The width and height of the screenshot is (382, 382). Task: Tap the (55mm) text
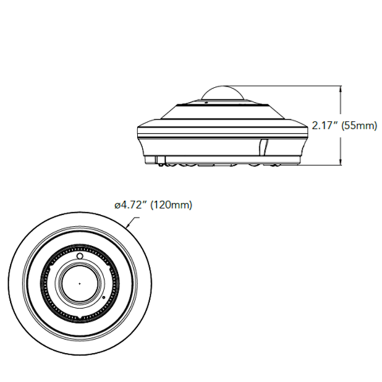coord(359,126)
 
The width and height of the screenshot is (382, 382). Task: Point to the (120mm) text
coord(172,205)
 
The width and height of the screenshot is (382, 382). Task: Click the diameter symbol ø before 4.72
coord(117,206)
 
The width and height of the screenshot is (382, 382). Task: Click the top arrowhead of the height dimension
coord(340,87)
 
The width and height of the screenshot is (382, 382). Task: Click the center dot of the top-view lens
coord(79,283)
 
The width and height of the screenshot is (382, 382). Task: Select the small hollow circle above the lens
coord(79,256)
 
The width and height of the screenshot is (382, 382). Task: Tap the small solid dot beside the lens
coord(104,297)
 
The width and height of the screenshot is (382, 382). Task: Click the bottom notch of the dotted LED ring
coord(80,318)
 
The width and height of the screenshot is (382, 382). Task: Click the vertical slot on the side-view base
coord(263,147)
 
